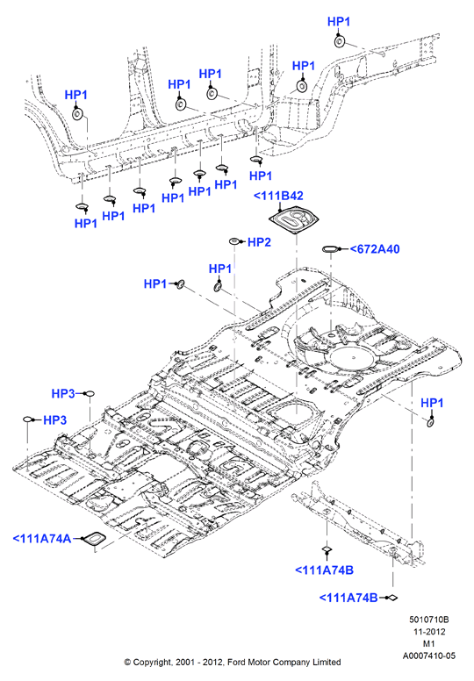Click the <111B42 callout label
point(278,196)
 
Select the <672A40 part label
point(375,249)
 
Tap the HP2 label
point(259,242)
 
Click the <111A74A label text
point(42,539)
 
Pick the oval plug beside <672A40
point(330,249)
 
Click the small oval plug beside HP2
point(234,241)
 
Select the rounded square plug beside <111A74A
point(94,539)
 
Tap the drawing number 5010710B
point(429,620)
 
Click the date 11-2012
point(429,632)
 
